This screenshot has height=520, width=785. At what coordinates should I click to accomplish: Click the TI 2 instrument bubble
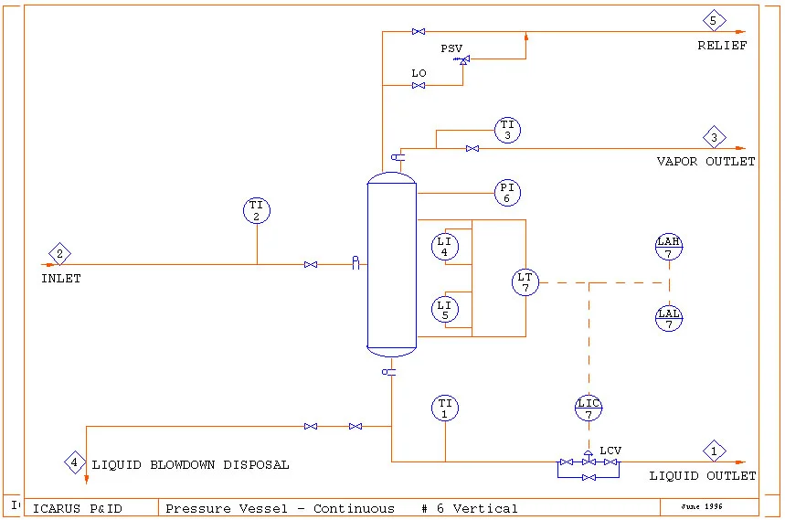(257, 211)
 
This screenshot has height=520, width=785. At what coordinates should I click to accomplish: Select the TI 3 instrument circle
(508, 130)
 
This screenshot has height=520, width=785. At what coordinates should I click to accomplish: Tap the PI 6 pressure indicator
(508, 193)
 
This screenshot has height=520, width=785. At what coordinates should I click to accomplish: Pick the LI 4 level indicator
(445, 246)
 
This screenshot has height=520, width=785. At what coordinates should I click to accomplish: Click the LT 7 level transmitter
(525, 282)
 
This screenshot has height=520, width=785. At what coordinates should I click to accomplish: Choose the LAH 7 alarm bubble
(669, 247)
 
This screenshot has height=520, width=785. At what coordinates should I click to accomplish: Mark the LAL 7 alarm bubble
(669, 318)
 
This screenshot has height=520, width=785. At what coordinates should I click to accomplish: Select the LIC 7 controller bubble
(589, 409)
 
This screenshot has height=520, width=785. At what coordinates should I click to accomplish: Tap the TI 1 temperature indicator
(445, 408)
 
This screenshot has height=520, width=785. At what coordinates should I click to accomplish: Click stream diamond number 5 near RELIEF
(714, 20)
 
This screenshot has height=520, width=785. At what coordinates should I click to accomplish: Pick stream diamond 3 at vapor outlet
(715, 138)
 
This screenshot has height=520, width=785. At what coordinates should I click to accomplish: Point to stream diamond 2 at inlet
(60, 253)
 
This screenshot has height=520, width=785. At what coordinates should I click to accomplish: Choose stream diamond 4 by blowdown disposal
(75, 462)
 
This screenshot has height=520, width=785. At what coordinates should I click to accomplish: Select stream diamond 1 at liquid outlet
(715, 451)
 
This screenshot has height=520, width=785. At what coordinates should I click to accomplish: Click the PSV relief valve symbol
(462, 60)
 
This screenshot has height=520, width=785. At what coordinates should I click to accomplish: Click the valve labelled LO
(419, 86)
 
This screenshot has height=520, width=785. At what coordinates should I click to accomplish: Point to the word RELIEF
(722, 45)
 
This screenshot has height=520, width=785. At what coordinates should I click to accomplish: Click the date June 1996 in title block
(702, 505)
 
